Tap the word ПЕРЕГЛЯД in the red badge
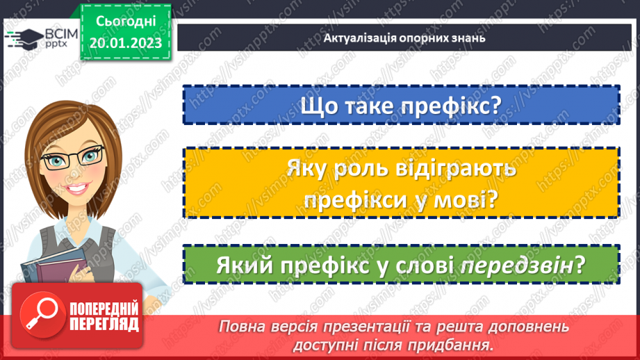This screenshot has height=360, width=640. [x=102, y=323]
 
